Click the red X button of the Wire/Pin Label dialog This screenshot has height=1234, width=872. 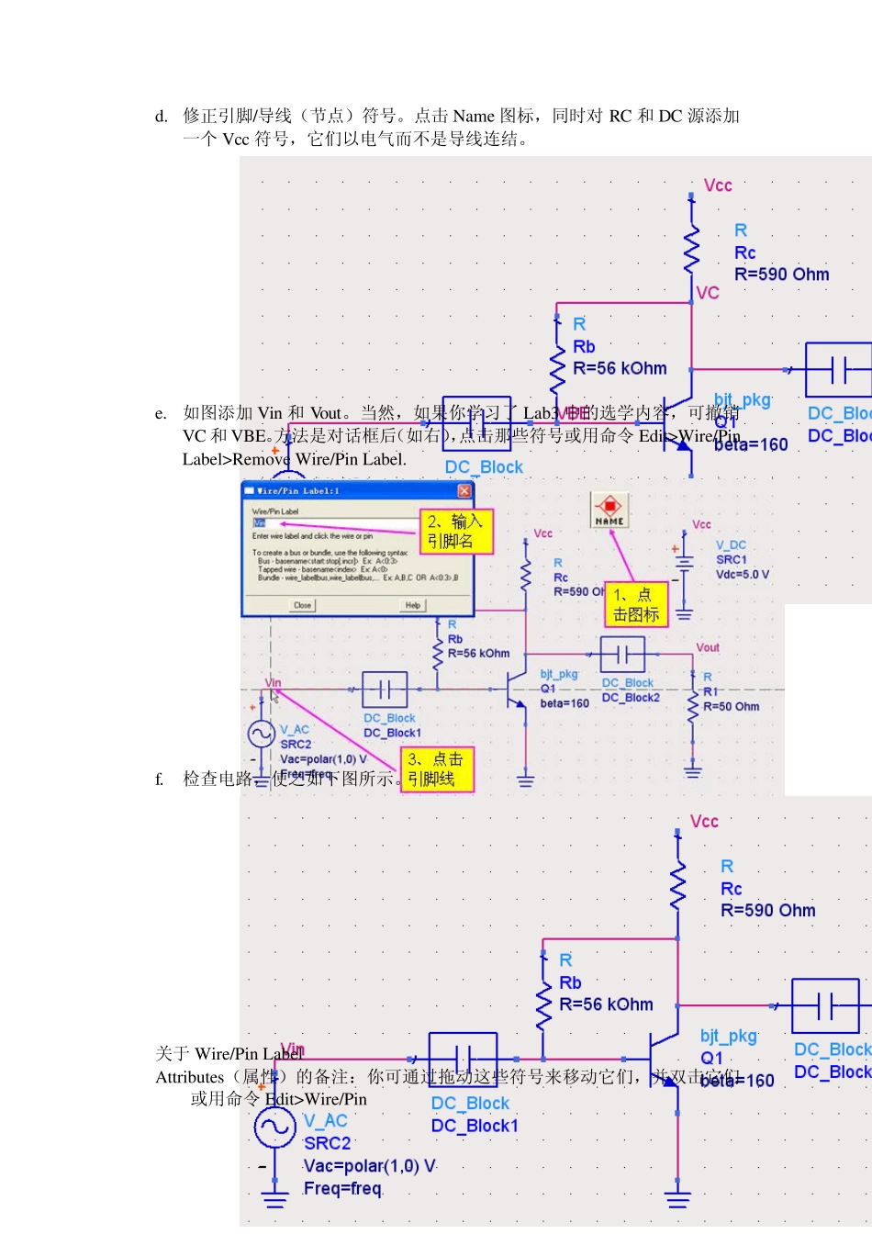click(464, 491)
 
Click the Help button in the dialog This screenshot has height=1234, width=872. click(412, 605)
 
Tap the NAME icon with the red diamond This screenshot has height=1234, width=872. click(609, 510)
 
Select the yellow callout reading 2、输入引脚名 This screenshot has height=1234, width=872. click(456, 532)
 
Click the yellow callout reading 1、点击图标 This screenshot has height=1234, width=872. click(635, 605)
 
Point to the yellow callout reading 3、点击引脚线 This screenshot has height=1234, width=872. click(437, 769)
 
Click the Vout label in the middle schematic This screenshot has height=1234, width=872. click(708, 647)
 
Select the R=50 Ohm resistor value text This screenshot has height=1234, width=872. click(731, 707)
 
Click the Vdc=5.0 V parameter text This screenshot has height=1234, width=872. click(742, 575)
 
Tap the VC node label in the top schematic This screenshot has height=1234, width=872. click(708, 293)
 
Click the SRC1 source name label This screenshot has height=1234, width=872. click(732, 560)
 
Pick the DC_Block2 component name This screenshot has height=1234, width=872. click(631, 698)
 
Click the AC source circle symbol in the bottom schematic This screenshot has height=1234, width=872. click(274, 1127)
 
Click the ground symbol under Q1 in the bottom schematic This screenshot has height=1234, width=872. click(677, 1198)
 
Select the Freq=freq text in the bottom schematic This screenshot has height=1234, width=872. click(342, 1189)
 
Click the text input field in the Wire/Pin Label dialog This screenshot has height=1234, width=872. click(335, 523)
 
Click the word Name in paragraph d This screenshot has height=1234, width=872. click(474, 116)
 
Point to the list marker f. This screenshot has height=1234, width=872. click(160, 780)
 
